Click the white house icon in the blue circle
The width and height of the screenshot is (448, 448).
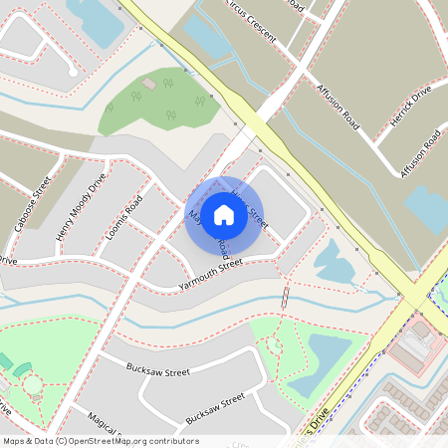(224, 214)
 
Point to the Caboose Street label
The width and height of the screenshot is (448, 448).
(33, 203)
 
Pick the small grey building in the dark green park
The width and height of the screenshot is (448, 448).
(148, 84)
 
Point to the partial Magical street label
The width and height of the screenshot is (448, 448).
(106, 422)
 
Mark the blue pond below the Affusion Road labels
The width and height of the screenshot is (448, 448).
(426, 207)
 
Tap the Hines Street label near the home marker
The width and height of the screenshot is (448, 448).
(250, 203)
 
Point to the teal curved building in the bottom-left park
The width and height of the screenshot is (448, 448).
(6, 360)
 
